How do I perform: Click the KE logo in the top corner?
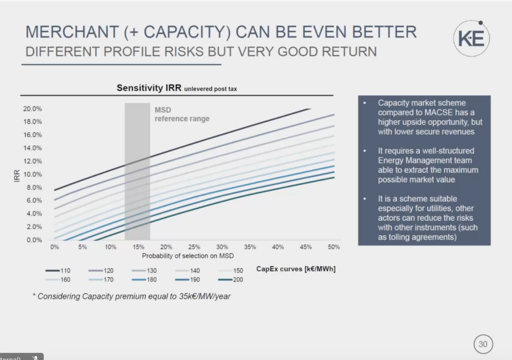tap(471, 38)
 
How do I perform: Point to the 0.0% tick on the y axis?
tap(33, 240)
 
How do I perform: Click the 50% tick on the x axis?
tap(334, 247)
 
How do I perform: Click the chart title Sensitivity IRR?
tap(149, 88)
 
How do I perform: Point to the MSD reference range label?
tap(181, 114)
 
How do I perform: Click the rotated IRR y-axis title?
tap(17, 174)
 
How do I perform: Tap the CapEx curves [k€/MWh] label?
tap(295, 269)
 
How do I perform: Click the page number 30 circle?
tap(482, 344)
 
